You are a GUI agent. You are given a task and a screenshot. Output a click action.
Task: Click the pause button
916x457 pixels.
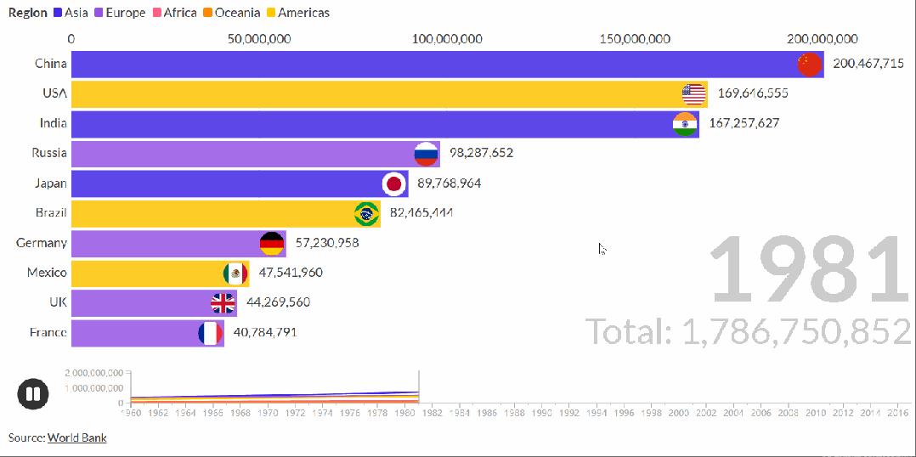[x=33, y=394]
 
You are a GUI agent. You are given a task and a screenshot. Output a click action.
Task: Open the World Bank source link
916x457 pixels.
[x=76, y=437]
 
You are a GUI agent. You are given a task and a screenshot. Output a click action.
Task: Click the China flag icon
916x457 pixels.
[x=809, y=65]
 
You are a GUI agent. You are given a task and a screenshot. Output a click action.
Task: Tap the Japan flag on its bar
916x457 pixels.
[x=393, y=183]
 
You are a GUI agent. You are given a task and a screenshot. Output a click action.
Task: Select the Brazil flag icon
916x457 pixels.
[x=366, y=213]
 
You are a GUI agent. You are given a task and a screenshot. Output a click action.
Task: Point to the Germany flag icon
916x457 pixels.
[x=272, y=244]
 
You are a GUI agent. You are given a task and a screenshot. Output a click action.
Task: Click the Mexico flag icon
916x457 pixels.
[x=235, y=274]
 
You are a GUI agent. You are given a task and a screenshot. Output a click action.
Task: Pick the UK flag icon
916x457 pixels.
[x=223, y=303]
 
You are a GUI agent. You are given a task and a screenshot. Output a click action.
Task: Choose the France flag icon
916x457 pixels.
[x=210, y=333]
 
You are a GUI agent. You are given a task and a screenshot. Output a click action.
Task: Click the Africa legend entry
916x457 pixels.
[x=173, y=13]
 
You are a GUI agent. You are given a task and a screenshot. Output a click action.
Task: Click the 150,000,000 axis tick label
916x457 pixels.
[x=635, y=39]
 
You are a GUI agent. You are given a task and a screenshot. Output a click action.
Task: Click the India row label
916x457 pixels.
[x=53, y=123]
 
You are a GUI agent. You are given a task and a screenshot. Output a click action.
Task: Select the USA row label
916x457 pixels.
[x=55, y=93]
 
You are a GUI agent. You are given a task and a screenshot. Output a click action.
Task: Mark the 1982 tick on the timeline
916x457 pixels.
[x=432, y=413]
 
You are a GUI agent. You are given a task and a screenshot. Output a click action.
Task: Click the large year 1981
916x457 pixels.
[x=808, y=271]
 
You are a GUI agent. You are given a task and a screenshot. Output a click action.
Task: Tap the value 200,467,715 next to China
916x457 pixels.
[x=868, y=64]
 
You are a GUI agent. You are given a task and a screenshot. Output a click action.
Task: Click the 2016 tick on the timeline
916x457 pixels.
[x=897, y=413]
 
